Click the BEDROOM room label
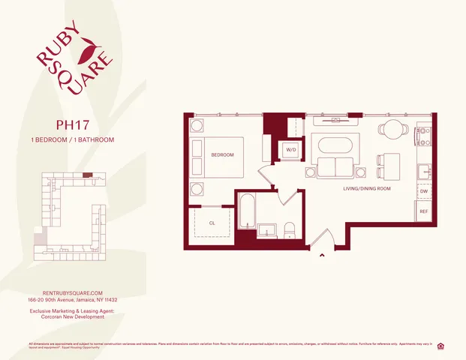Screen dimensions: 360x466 (x=222, y=155)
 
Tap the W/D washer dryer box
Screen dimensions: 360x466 (x=290, y=150)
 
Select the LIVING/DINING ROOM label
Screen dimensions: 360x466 (x=368, y=188)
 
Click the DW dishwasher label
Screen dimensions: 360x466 (x=424, y=191)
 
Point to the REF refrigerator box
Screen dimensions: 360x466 (x=424, y=211)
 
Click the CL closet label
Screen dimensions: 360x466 (x=212, y=223)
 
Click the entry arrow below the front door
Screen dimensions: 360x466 (x=323, y=256)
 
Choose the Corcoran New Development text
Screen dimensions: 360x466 (x=72, y=316)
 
